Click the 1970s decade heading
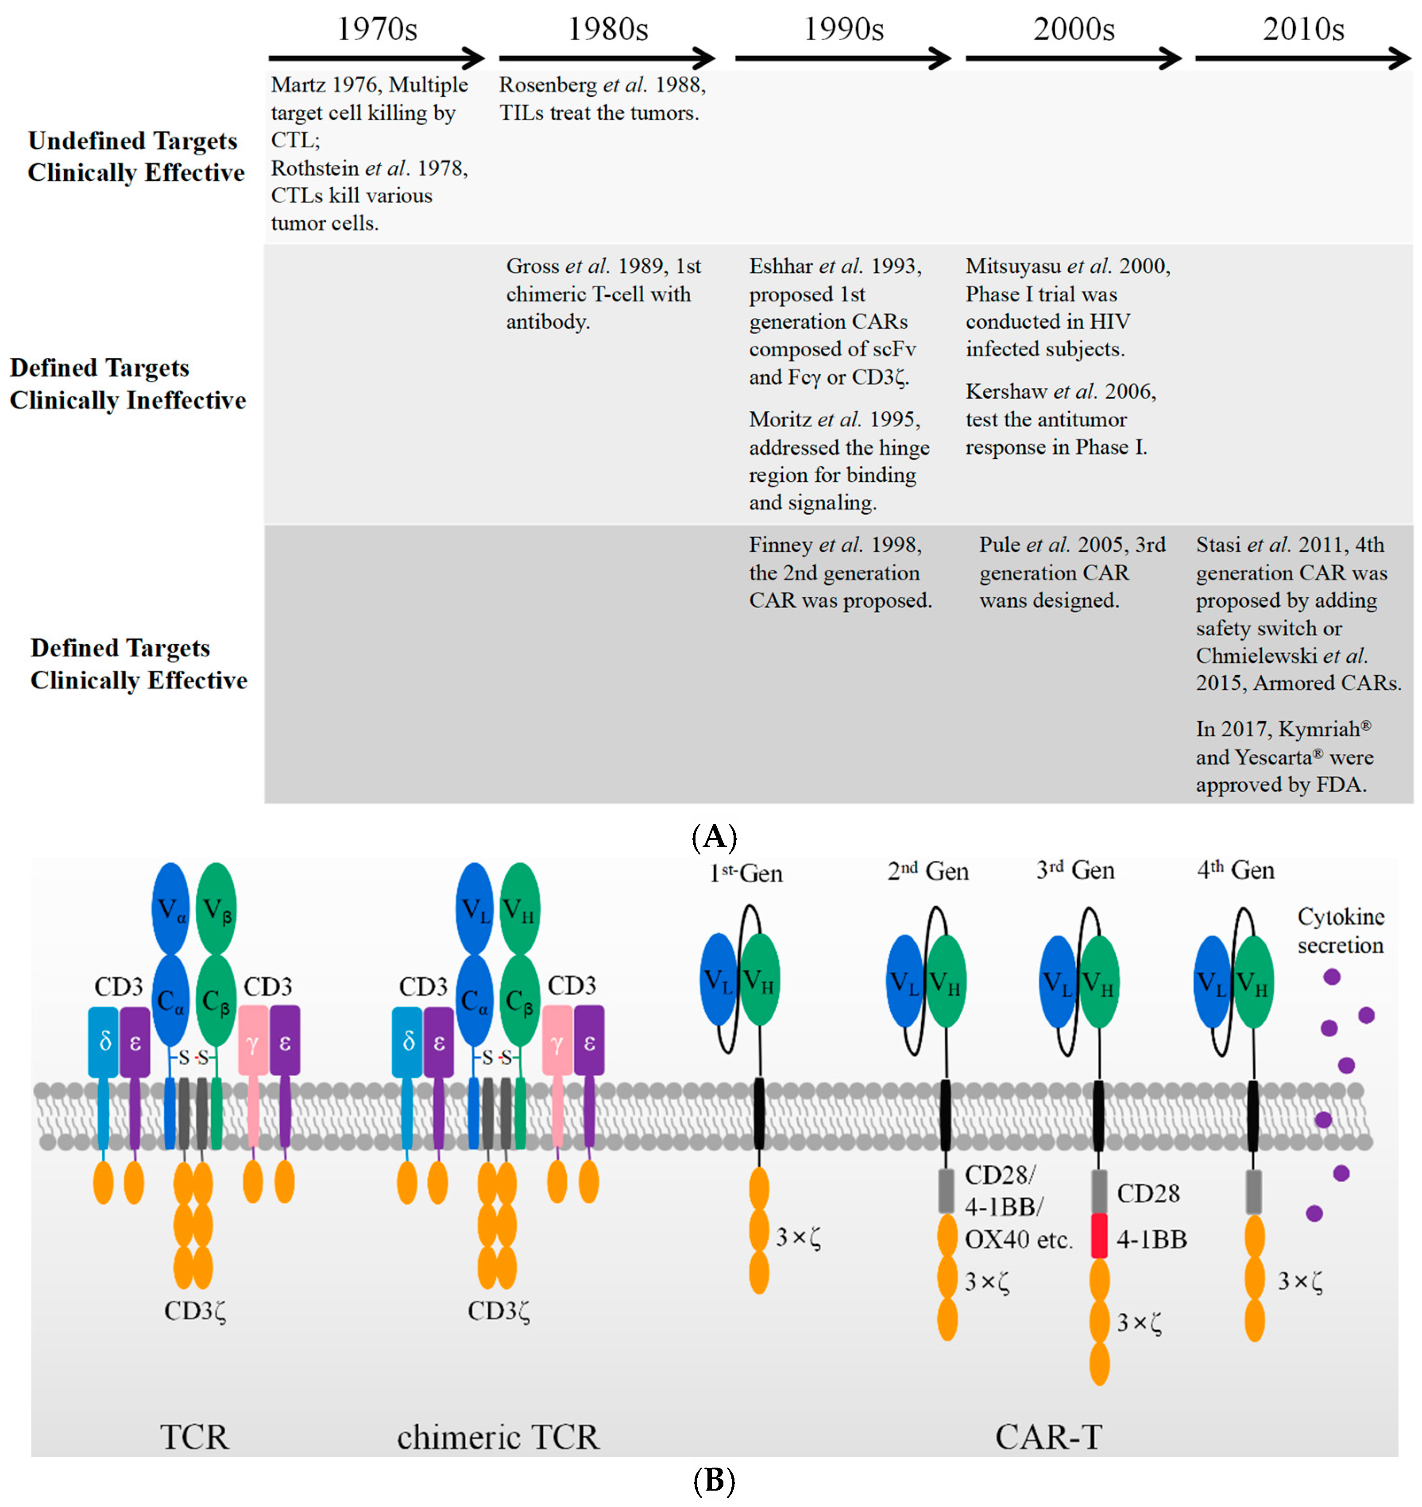pyautogui.click(x=377, y=30)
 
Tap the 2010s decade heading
pyautogui.click(x=1303, y=30)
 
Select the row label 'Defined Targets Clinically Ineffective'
pyautogui.click(x=128, y=383)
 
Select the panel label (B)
pyautogui.click(x=714, y=1480)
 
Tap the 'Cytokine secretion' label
pyautogui.click(x=1340, y=931)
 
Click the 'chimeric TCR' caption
pyautogui.click(x=498, y=1437)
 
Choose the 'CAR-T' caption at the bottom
pyautogui.click(x=1048, y=1437)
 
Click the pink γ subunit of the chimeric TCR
pyautogui.click(x=557, y=1043)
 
